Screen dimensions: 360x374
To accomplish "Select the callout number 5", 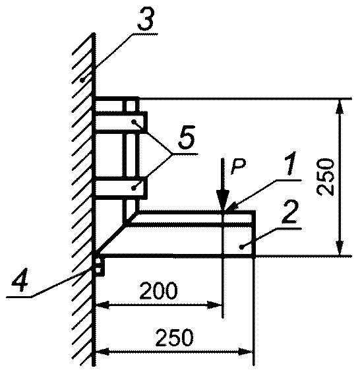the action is pyautogui.click(x=187, y=137).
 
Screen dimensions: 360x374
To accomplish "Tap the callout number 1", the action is pyautogui.click(x=290, y=164).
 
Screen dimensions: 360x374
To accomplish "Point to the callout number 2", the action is pyautogui.click(x=289, y=213).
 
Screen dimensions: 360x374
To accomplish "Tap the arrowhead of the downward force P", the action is pyautogui.click(x=222, y=201).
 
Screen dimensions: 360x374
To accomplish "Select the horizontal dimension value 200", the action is pyautogui.click(x=158, y=291).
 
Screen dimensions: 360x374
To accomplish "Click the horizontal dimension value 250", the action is pyautogui.click(x=174, y=338).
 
